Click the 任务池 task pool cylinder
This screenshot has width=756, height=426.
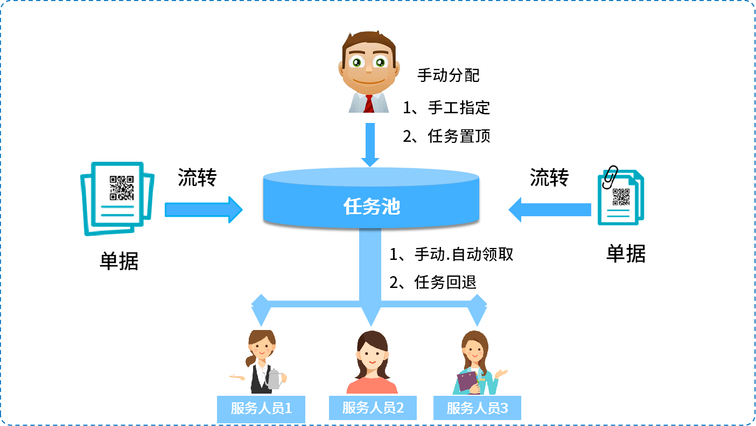click(x=371, y=205)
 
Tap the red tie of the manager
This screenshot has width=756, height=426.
click(x=369, y=104)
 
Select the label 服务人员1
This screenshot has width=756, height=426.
click(x=261, y=409)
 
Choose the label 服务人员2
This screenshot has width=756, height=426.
click(x=373, y=408)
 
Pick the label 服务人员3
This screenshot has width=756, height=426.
click(x=477, y=408)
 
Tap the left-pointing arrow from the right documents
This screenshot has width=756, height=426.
click(x=549, y=209)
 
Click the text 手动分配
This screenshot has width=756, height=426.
click(x=448, y=75)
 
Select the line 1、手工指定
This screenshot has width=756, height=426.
click(x=446, y=107)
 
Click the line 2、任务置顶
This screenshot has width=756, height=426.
click(x=446, y=136)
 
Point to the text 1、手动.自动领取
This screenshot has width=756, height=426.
click(x=451, y=254)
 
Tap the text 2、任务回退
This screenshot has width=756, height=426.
click(x=433, y=282)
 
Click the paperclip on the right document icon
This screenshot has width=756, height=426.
click(x=610, y=176)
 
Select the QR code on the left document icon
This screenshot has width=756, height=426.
click(x=122, y=188)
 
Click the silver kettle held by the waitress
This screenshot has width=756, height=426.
click(x=274, y=379)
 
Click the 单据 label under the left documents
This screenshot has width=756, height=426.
click(x=119, y=261)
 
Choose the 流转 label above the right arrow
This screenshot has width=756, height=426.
click(x=549, y=177)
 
